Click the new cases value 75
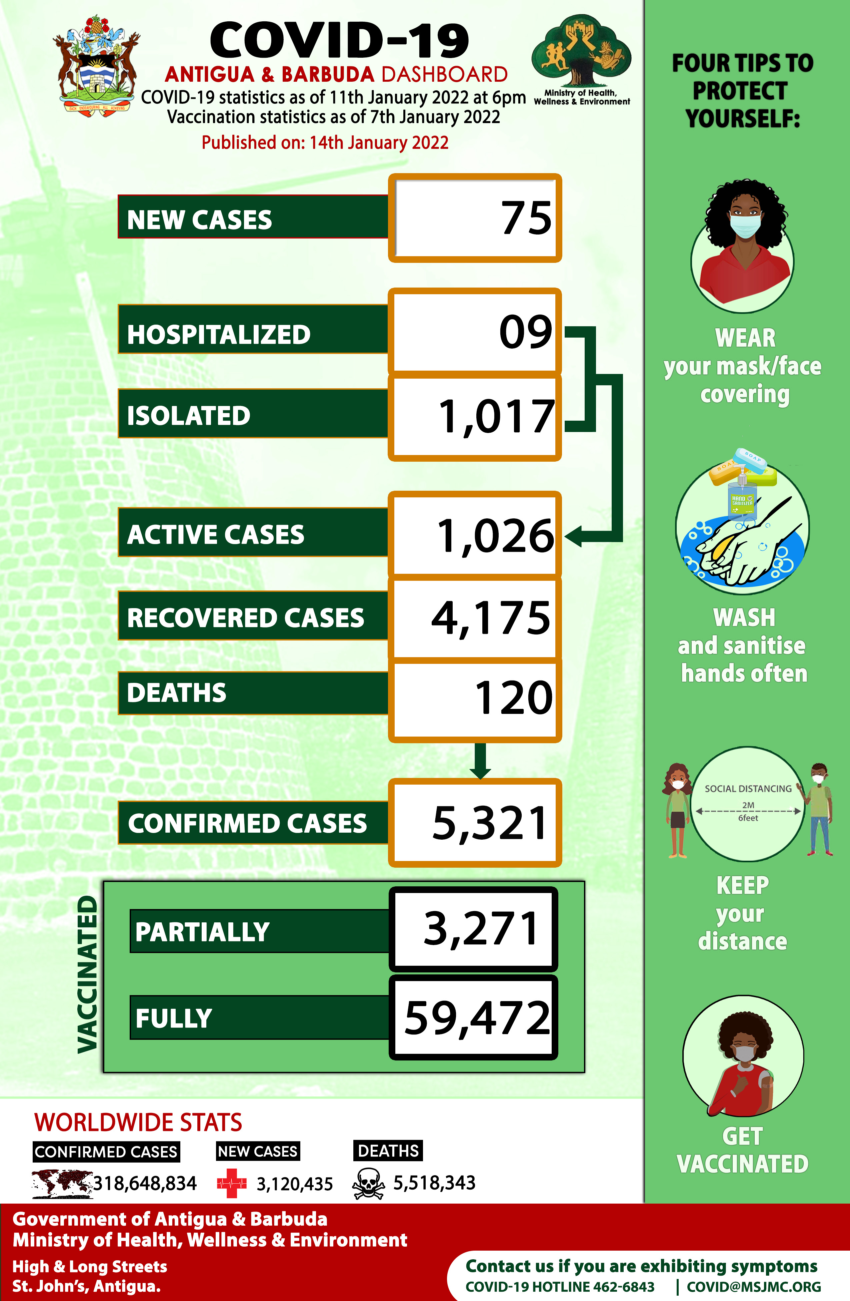tap(526, 218)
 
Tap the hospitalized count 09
tap(526, 332)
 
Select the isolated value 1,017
tap(496, 417)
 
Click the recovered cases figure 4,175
tap(491, 618)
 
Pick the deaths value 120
tap(513, 698)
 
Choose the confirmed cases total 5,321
tap(489, 823)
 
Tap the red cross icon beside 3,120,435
tap(232, 1184)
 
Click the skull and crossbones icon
tap(368, 1184)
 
